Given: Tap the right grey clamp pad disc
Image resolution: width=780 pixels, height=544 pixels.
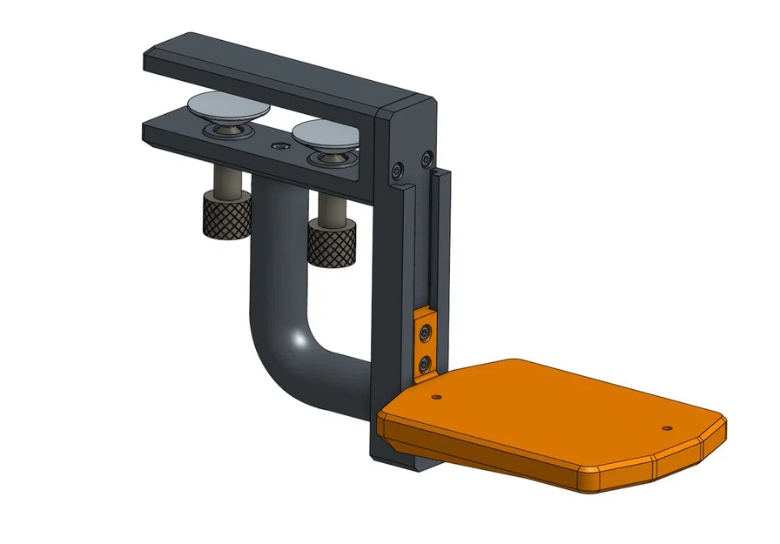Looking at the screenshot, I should click(x=325, y=135).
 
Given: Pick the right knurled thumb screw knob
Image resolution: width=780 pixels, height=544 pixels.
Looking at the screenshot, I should click(x=332, y=243).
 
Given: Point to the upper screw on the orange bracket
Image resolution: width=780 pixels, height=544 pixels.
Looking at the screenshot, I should click(x=425, y=332).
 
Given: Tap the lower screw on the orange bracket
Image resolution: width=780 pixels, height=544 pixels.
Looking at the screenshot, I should click(x=425, y=360).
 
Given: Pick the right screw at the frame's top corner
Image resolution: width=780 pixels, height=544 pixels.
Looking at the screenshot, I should click(x=427, y=158).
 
